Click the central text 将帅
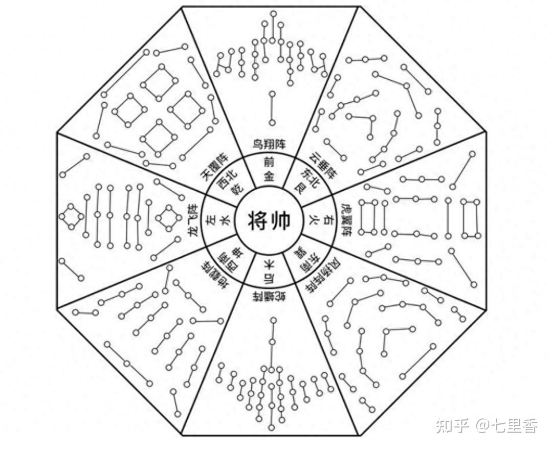[269, 221]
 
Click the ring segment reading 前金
[269, 170]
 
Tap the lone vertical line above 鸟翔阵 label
[272, 108]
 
